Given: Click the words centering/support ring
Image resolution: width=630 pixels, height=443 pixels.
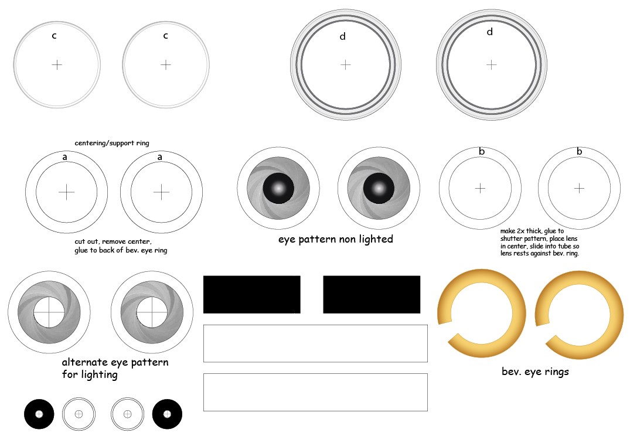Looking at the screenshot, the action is tap(112, 143).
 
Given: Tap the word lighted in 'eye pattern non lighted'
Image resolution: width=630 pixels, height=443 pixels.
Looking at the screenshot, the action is tap(376, 239).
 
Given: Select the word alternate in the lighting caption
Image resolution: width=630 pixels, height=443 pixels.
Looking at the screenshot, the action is tap(85, 362).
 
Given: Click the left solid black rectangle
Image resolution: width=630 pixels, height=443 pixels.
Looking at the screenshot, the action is tap(252, 294).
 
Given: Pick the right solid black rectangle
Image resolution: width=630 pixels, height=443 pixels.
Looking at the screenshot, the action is tap(372, 294).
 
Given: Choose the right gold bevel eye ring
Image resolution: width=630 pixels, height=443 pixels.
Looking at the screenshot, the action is tap(580, 275).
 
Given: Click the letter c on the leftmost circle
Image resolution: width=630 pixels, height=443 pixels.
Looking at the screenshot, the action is tap(55, 36).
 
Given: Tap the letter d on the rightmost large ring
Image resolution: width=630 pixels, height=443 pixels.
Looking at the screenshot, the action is tap(489, 32).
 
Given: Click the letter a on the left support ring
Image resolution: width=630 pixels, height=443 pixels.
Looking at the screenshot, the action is tap(64, 157).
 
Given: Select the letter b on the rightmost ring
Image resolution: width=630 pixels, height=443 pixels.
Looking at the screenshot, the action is tap(580, 151).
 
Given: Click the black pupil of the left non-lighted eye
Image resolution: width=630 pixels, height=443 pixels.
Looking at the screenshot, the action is tap(278, 188).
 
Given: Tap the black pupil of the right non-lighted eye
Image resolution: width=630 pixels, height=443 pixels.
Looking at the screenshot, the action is tap(379, 188).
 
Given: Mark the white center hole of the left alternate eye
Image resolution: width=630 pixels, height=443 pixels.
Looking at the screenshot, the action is tap(49, 312).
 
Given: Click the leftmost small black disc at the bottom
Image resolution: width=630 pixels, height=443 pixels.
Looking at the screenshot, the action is tap(39, 414).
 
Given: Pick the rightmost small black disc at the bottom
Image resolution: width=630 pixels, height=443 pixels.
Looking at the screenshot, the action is tap(167, 414).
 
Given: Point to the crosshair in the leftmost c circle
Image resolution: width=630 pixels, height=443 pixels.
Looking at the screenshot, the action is tap(57, 64).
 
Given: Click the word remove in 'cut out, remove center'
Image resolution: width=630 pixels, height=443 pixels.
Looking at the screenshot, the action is tap(113, 242).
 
